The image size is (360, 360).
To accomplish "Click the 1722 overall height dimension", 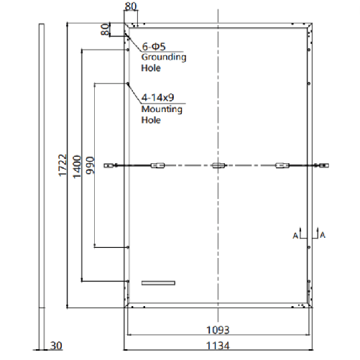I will pos(63,166).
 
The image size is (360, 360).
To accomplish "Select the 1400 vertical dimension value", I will pos(76,166).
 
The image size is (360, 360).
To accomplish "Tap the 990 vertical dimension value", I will pos(89,165).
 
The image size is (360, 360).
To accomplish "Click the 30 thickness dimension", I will pos(57,346).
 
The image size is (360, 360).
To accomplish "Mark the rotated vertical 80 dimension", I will pos(105,29).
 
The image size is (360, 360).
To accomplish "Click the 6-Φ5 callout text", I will pos(154,45).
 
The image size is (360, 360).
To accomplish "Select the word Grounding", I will pos(163,57).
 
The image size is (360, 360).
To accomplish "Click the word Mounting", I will pos(162,110).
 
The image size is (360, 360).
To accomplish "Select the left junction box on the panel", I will pos(157,167).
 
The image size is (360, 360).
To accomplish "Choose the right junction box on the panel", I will pos(283,167).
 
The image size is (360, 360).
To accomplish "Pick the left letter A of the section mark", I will pos(295,234).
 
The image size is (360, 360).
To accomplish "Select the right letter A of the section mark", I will pos(322,234).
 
